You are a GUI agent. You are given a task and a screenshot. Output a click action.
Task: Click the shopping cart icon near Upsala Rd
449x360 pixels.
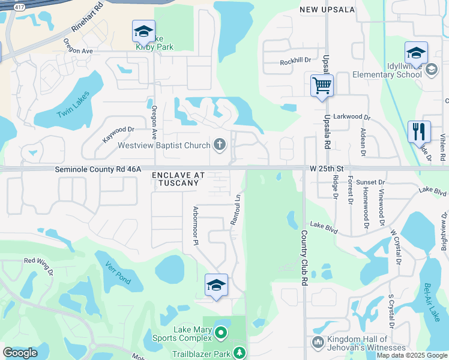(322, 85)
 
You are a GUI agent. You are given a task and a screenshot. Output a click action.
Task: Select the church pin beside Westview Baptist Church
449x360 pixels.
(220, 145)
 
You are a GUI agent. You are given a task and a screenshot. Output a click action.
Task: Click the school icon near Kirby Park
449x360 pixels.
(143, 31)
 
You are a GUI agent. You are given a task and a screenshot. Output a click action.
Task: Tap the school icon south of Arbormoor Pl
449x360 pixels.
(216, 286)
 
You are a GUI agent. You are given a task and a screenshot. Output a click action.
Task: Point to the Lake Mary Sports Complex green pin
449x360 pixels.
(221, 332)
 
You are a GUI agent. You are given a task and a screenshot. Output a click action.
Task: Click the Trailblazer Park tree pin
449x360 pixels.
(240, 353)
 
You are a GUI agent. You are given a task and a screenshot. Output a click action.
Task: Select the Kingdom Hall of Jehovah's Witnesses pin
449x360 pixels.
(318, 342)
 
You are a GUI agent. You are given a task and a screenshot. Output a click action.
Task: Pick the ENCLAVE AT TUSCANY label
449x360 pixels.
(178, 179)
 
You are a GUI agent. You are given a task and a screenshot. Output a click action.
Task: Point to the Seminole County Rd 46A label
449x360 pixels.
(98, 170)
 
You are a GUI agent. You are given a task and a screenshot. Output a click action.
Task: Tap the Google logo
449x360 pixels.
(20, 353)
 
